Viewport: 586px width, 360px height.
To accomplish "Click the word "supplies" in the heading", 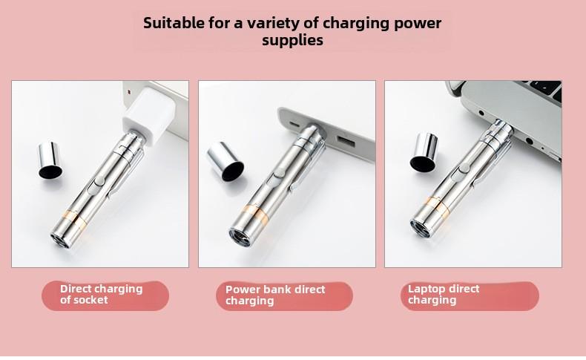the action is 292,41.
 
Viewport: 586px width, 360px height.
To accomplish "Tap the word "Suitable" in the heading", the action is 174,23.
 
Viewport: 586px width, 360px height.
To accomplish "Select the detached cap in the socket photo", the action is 50,160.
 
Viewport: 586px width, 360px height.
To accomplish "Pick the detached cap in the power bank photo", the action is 225,162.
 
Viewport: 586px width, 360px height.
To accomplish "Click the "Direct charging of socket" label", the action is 102,294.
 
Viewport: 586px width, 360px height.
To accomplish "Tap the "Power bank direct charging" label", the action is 275,295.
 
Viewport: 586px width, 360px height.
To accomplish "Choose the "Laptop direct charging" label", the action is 444,294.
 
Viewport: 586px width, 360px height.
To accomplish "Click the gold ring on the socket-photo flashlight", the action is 75,220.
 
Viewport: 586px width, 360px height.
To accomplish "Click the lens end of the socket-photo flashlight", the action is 60,240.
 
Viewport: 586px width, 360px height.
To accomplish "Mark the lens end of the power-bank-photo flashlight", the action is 240,238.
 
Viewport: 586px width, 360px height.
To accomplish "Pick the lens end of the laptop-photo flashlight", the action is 421,229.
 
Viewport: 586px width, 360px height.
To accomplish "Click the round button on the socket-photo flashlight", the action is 99,181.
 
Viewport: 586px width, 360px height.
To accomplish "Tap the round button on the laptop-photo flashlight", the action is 464,168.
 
